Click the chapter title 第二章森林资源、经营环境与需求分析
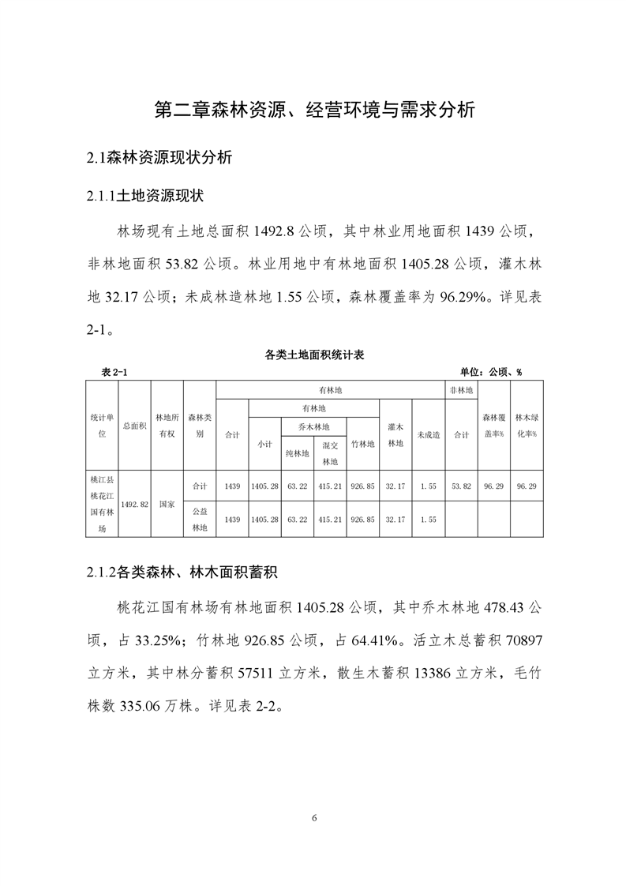pos(313,109)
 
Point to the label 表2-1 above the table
pos(114,372)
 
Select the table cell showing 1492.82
pos(134,503)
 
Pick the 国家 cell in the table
pos(167,503)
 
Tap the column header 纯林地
pos(297,454)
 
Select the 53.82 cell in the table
pos(461,486)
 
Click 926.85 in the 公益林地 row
pos(362,520)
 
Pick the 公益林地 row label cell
pos(200,520)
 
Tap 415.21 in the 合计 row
pos(329,486)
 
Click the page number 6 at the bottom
pos(313,817)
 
